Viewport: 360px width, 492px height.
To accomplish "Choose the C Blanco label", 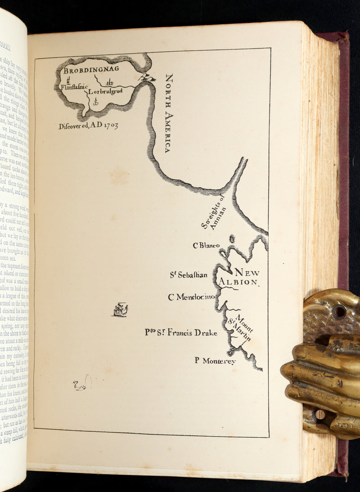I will click(x=206, y=246).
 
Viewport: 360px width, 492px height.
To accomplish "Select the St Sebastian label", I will click(x=189, y=275).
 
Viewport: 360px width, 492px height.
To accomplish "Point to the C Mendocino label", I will click(x=191, y=297).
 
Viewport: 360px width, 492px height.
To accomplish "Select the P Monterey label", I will click(x=215, y=361).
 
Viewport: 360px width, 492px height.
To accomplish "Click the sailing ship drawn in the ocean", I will click(x=120, y=309).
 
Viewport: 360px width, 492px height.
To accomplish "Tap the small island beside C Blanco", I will click(x=232, y=239).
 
